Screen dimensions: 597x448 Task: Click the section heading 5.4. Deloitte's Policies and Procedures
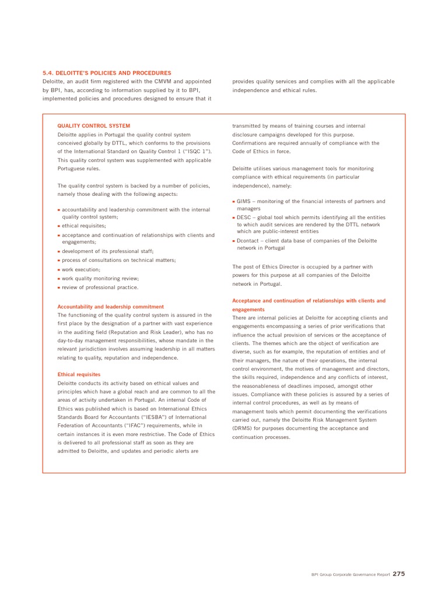click(107, 73)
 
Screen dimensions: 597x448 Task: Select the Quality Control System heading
click(93, 126)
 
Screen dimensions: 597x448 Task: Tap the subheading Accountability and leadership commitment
click(110, 307)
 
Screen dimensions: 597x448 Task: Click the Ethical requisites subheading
click(79, 374)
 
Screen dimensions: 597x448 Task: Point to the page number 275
click(398, 574)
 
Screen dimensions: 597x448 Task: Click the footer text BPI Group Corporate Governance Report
click(350, 575)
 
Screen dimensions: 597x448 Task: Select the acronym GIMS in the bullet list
click(243, 202)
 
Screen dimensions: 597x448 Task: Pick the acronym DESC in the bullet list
click(243, 217)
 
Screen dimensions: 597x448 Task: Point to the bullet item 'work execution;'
click(81, 270)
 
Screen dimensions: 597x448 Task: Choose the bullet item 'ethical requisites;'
click(84, 226)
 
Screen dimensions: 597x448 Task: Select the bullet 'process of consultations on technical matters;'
click(118, 260)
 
